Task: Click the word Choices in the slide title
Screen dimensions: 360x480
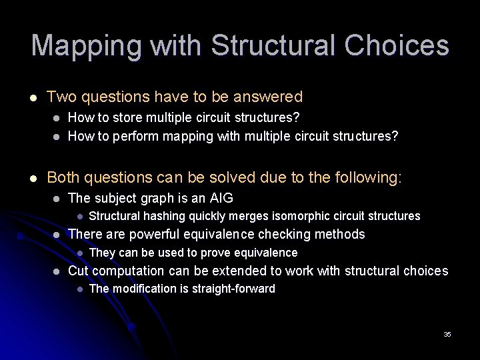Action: click(x=397, y=46)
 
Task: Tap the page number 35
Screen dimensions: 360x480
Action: click(x=447, y=334)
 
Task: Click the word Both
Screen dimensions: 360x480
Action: click(x=64, y=177)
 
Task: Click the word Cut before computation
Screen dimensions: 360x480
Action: click(x=79, y=271)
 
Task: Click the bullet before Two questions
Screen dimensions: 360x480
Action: click(x=33, y=98)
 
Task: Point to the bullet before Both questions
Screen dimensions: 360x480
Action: click(x=33, y=178)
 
